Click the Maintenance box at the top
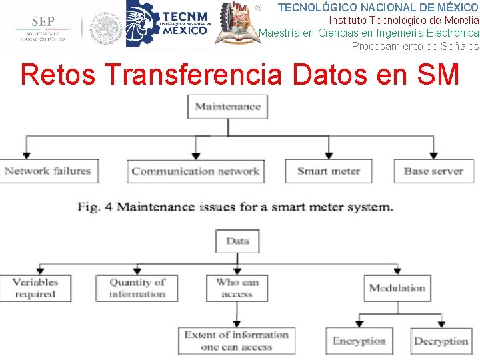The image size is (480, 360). click(x=228, y=107)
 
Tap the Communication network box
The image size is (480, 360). click(x=195, y=171)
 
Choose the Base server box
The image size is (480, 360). click(x=433, y=171)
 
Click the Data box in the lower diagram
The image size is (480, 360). click(x=237, y=241)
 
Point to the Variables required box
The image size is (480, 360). click(x=35, y=288)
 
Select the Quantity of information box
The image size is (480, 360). click(x=137, y=288)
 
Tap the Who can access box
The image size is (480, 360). click(x=237, y=288)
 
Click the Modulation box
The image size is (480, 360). click(x=397, y=288)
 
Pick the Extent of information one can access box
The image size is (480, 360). click(x=236, y=341)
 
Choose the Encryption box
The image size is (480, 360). click(x=359, y=341)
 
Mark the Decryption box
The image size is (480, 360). click(x=441, y=341)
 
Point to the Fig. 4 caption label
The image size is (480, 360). click(x=94, y=207)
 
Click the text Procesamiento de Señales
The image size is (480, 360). click(x=415, y=46)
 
